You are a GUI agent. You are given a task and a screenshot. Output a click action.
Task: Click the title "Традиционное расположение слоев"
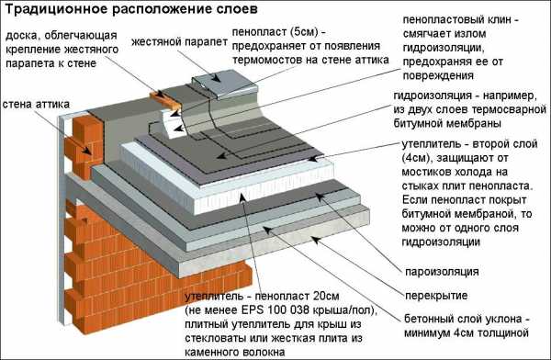point(131,9)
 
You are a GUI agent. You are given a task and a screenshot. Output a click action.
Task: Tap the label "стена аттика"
point(36,105)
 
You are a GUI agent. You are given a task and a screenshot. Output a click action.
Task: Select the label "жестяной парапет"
point(180,42)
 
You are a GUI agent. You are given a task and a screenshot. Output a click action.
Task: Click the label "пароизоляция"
point(442,272)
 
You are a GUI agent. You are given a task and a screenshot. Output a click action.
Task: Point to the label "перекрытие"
point(436,296)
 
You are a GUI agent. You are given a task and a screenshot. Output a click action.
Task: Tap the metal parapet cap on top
point(224,84)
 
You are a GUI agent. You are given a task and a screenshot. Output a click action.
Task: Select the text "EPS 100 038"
point(275,310)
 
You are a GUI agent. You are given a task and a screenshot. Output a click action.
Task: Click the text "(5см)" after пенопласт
point(304,32)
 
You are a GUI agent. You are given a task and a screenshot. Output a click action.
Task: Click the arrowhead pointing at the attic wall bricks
point(86,151)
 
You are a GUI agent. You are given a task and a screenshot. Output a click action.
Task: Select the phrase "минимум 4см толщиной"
point(467,333)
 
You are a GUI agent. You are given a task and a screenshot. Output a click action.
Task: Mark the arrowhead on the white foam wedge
point(178,129)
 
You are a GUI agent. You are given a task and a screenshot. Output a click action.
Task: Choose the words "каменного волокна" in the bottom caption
point(234,352)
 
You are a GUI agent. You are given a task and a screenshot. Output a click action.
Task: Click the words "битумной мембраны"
point(447,123)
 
